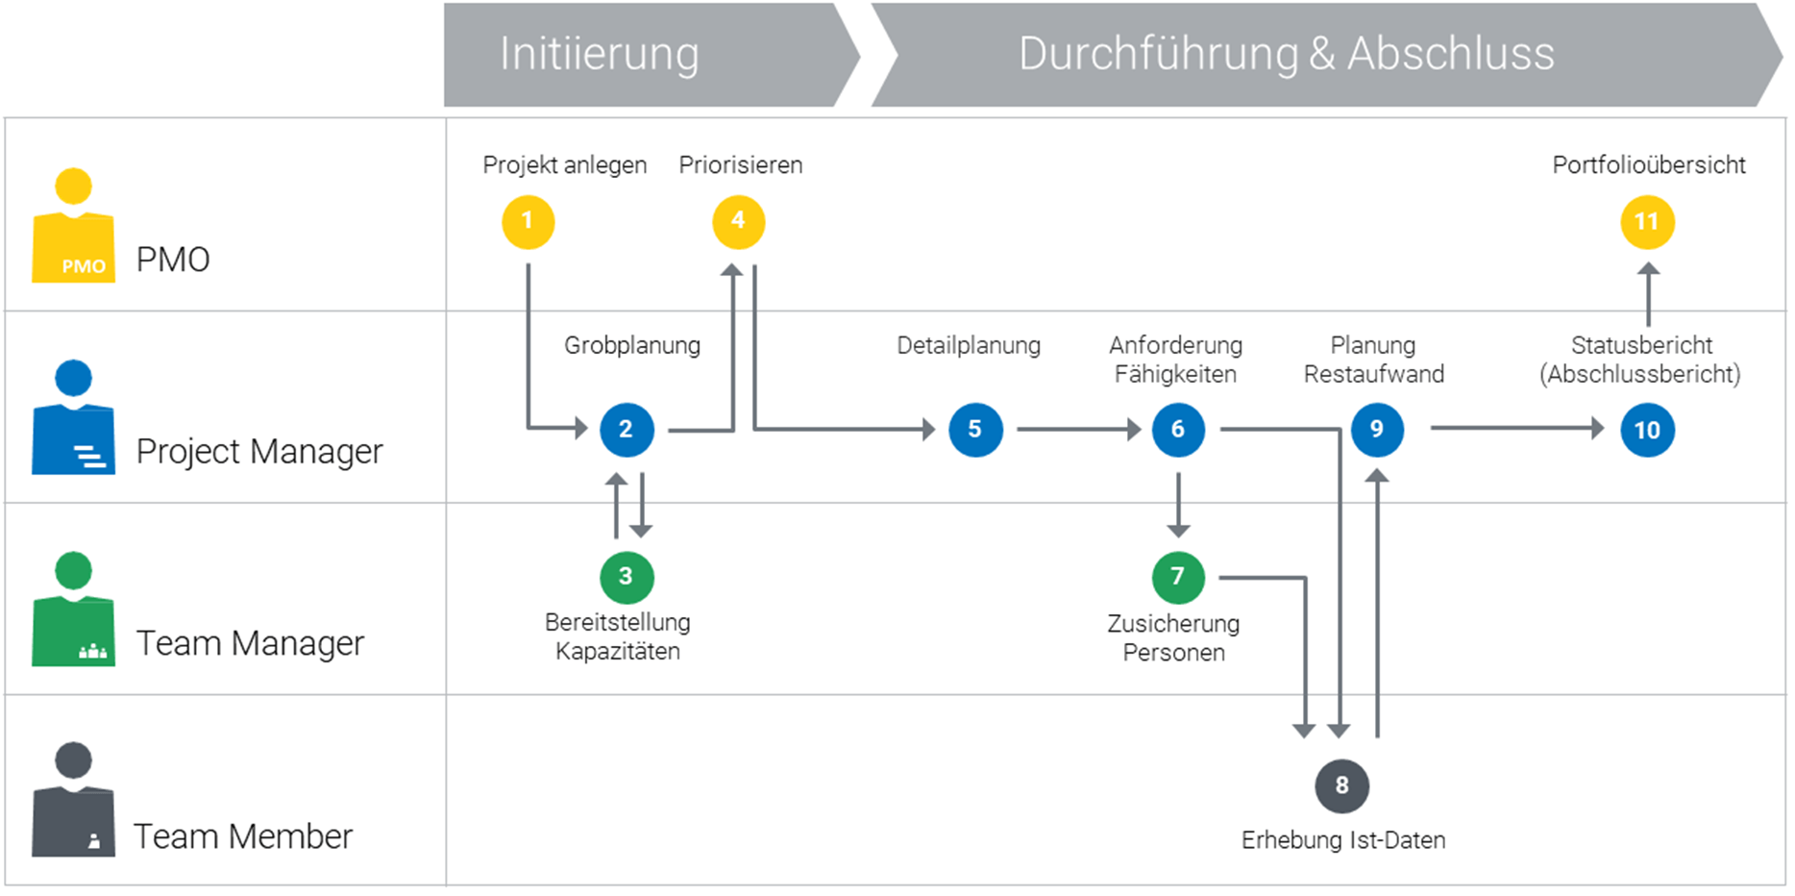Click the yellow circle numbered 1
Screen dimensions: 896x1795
click(x=528, y=222)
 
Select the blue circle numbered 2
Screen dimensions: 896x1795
click(x=627, y=430)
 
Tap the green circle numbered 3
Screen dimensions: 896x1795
click(x=627, y=577)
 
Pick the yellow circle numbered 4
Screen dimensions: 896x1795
click(x=738, y=222)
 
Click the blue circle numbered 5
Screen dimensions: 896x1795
click(x=975, y=430)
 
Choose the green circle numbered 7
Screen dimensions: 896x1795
click(x=1178, y=577)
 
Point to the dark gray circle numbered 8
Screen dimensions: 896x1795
click(x=1341, y=785)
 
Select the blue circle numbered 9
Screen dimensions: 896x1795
click(x=1377, y=430)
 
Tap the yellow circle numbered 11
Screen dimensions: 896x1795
click(x=1647, y=222)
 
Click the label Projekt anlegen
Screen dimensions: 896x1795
click(x=564, y=165)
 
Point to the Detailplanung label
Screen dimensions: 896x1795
click(x=968, y=345)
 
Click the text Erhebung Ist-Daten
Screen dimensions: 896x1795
click(x=1342, y=840)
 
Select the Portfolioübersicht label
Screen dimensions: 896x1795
click(x=1648, y=165)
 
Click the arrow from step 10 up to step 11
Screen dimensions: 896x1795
click(x=1648, y=294)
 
